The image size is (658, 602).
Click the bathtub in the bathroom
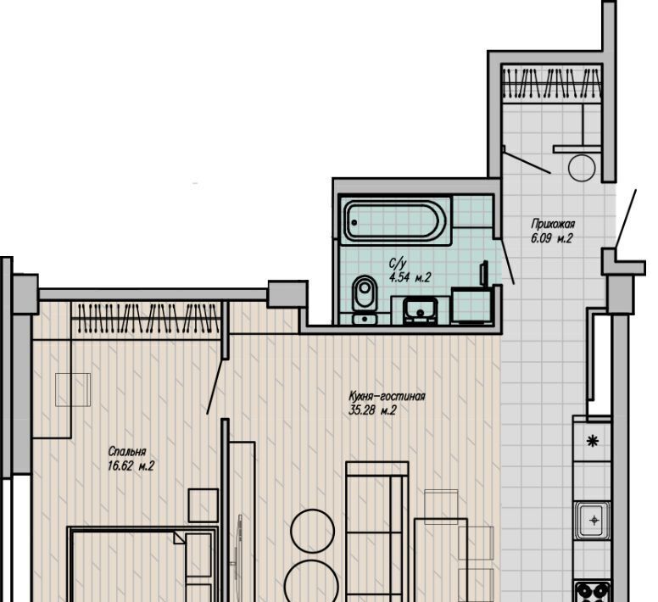(395, 220)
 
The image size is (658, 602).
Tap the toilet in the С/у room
(365, 299)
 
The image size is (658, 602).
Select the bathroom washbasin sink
(421, 311)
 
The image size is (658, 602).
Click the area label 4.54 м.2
(410, 278)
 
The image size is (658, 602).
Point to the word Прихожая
(553, 224)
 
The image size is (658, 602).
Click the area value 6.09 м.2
(552, 239)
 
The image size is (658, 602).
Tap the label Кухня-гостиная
(387, 397)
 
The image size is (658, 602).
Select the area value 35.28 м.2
(372, 410)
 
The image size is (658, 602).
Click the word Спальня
(126, 452)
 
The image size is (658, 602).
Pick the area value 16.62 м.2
(131, 466)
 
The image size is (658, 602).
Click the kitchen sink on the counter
(593, 521)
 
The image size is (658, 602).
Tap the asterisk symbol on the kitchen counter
(592, 441)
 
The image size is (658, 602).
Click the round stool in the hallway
(582, 167)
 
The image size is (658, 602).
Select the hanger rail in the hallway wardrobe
(552, 83)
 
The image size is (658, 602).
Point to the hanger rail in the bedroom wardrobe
(146, 318)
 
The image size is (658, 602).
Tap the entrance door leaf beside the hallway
(626, 218)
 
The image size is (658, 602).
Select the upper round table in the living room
(313, 531)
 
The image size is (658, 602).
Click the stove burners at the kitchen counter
(593, 592)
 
